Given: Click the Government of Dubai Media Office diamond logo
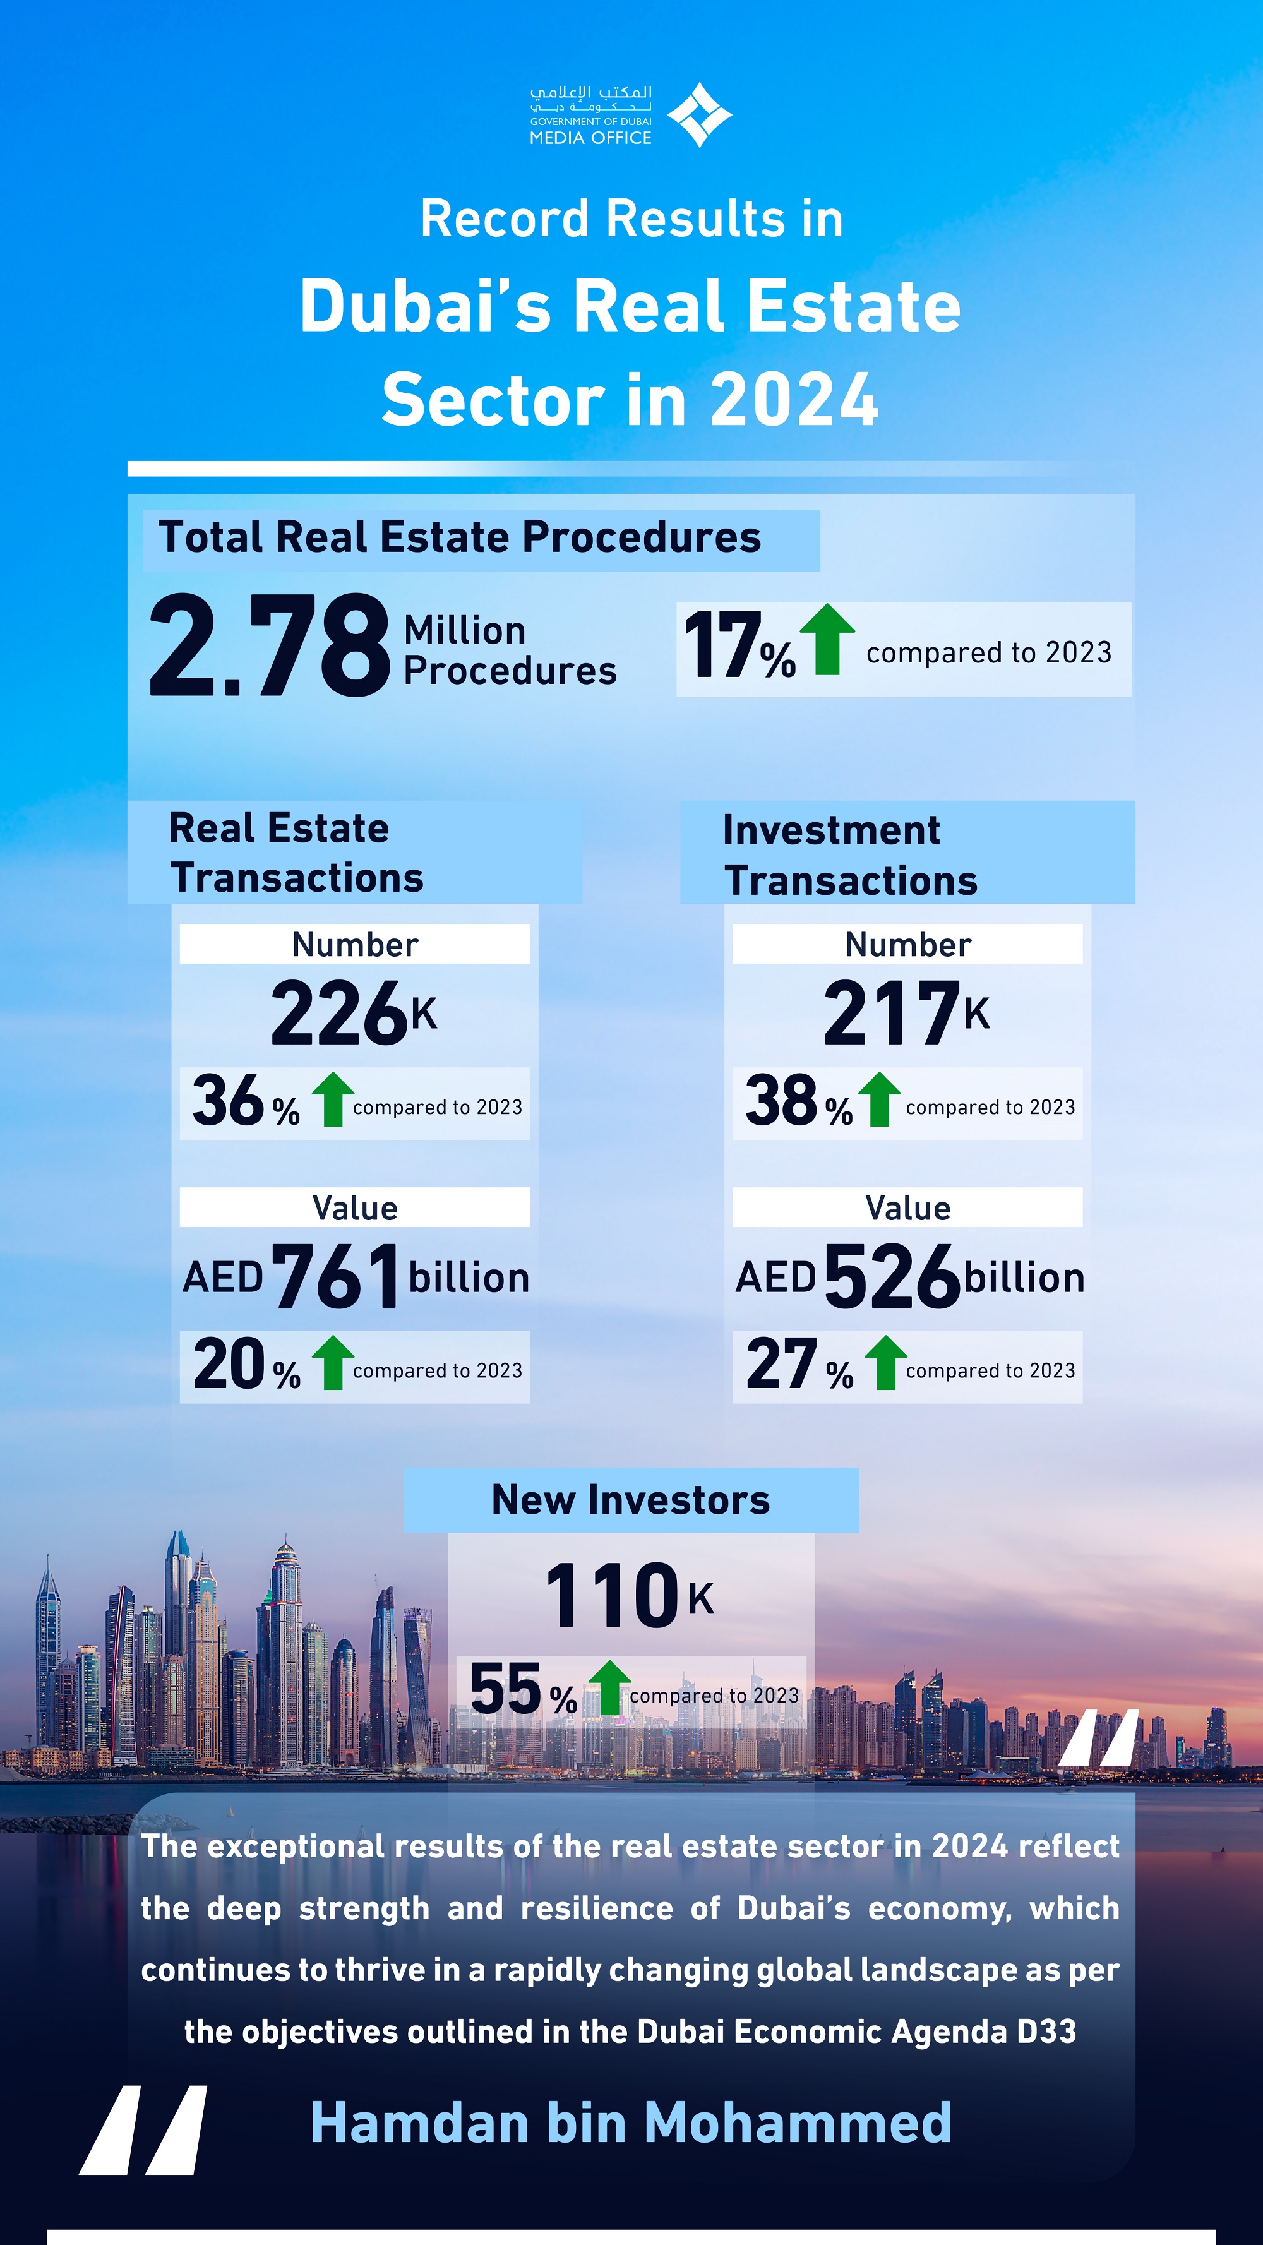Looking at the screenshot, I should [699, 114].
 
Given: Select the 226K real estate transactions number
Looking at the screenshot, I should [353, 1013].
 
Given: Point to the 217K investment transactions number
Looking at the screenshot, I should [906, 1013].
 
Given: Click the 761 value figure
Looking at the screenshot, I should [335, 1277].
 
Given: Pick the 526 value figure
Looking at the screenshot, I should [892, 1277].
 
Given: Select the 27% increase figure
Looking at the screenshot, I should [799, 1364].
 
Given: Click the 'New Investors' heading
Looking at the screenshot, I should [630, 1500].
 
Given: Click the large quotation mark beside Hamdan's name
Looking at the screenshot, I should [145, 2130].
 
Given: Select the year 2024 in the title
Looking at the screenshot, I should [794, 400].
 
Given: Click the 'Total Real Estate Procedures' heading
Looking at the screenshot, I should [459, 537].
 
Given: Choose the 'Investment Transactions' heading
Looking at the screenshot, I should [850, 855].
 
